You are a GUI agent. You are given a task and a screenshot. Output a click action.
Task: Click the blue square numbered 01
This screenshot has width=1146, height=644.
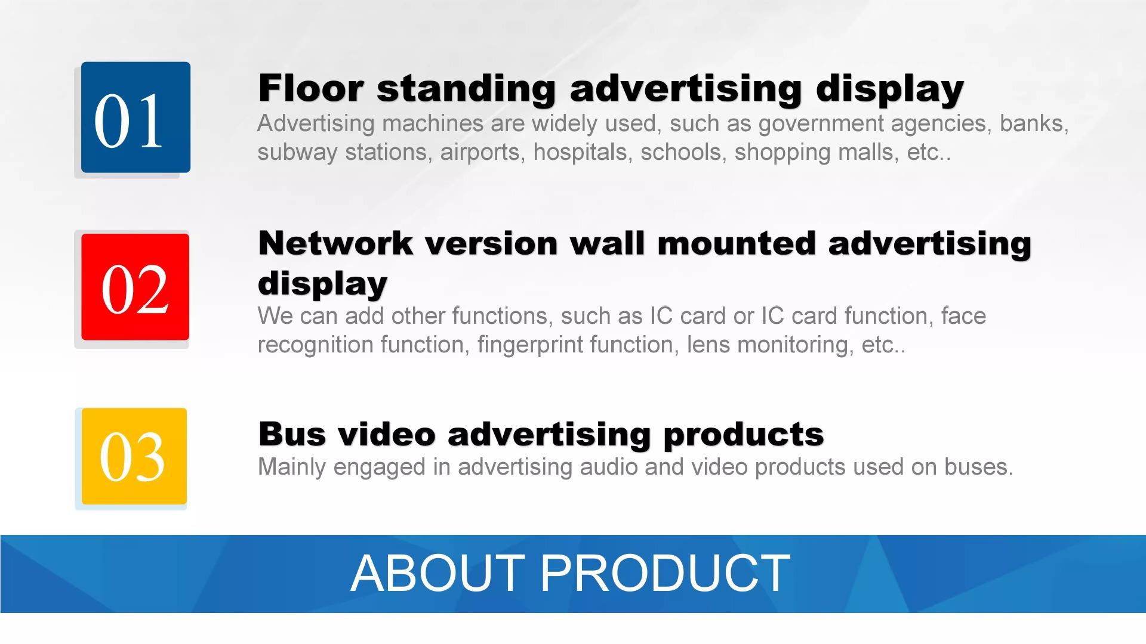136,117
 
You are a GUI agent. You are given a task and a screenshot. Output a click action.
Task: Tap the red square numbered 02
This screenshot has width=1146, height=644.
135,287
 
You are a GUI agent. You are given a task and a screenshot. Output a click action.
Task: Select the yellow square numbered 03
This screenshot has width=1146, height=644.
134,456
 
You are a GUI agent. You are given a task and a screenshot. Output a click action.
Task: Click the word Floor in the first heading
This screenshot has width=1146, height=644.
310,88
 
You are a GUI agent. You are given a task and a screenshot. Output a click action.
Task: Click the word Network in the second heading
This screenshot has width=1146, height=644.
335,243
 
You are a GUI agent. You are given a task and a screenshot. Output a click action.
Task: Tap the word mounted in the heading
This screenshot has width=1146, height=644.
736,243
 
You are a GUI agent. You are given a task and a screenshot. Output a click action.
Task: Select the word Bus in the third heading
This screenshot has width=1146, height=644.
292,434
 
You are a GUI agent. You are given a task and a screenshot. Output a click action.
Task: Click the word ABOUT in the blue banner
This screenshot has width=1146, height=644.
438,572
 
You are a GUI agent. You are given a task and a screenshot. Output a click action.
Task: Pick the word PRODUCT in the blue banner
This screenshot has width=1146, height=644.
666,572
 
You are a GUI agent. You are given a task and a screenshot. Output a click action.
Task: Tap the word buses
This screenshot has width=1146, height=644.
979,467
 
